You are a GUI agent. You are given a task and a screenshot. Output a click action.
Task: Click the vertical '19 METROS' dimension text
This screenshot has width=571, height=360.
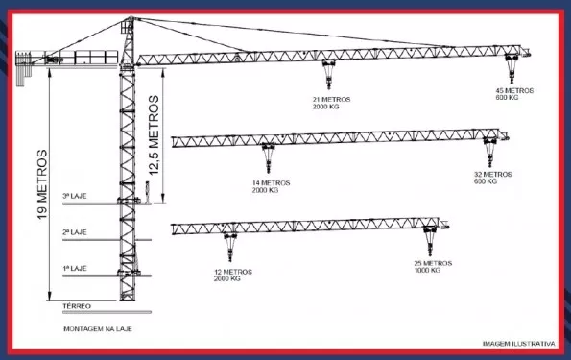click(x=42, y=184)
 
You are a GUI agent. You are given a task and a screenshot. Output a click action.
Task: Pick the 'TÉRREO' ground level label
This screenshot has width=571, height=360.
click(x=77, y=306)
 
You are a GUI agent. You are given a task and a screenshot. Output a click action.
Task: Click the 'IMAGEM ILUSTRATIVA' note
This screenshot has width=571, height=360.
click(x=518, y=343)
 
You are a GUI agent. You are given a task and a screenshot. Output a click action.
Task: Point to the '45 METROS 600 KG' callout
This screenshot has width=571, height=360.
click(x=513, y=94)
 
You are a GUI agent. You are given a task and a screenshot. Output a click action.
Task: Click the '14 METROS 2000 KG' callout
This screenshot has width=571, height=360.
click(x=265, y=186)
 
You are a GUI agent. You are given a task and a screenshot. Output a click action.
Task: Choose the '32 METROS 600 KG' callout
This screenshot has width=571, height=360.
click(x=492, y=178)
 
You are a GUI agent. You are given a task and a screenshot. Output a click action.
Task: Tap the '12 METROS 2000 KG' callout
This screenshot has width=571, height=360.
click(x=233, y=275)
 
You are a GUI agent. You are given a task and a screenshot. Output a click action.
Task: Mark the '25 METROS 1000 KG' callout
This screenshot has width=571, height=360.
click(x=433, y=267)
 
